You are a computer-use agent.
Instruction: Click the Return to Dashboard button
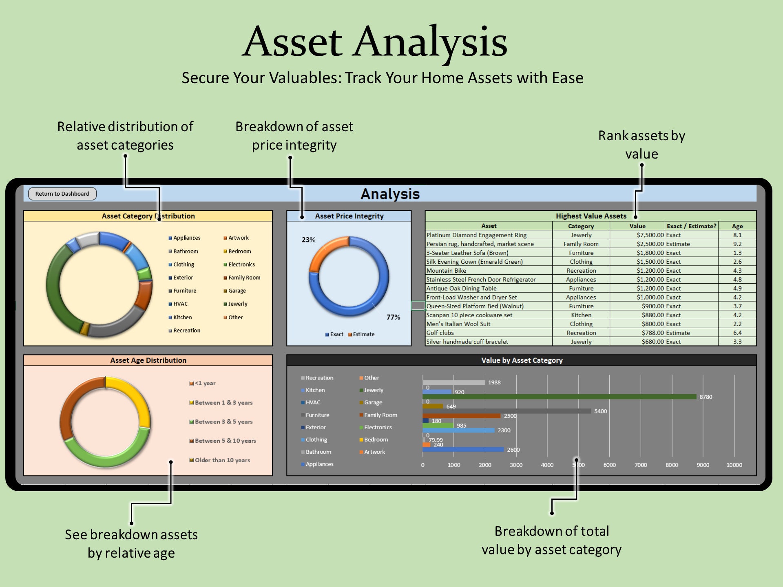[x=62, y=194]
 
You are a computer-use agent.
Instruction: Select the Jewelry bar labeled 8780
[x=559, y=397]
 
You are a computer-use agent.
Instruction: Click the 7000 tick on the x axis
[x=641, y=465]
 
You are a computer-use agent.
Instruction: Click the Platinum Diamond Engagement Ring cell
[x=476, y=235]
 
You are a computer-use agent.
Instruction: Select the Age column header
[x=737, y=226]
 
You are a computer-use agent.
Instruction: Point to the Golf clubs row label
[x=440, y=333]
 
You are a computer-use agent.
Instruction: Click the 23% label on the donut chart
[x=308, y=240]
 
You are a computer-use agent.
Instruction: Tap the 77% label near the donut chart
[x=393, y=317]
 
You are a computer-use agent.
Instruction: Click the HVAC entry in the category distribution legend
[x=180, y=304]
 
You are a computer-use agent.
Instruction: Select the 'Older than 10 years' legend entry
[x=222, y=460]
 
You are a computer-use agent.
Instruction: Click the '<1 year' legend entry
[x=205, y=383]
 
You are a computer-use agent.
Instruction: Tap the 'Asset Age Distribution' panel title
[x=148, y=360]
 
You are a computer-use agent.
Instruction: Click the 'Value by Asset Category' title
[x=522, y=360]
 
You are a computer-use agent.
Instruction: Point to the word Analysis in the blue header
[x=390, y=194]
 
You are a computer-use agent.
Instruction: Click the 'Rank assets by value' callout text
[x=641, y=145]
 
